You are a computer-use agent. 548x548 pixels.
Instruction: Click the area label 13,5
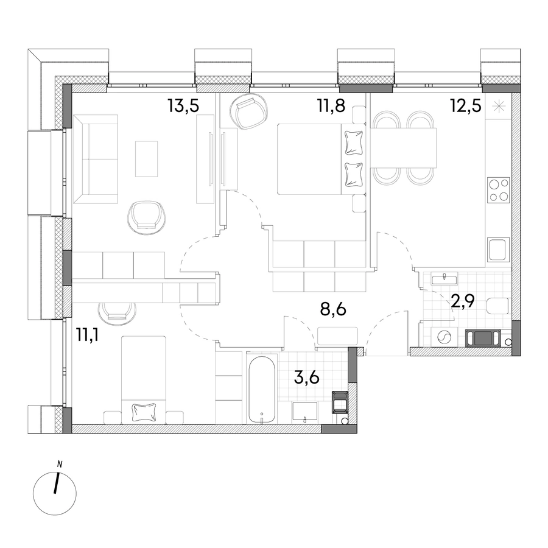point(183,105)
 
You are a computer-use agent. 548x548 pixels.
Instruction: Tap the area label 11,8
point(331,105)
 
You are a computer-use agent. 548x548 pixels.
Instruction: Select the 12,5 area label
point(466,105)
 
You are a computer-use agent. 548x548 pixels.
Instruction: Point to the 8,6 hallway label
point(333,309)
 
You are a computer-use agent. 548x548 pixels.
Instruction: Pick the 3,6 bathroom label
point(307,378)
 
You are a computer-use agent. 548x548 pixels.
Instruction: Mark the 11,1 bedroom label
point(87,336)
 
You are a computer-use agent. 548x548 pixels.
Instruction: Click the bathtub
point(262,389)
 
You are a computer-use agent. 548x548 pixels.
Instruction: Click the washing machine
point(442,337)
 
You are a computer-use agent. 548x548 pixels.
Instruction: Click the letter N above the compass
point(60,465)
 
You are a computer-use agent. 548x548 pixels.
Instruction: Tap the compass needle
point(56,483)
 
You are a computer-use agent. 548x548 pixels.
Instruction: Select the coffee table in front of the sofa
point(146,159)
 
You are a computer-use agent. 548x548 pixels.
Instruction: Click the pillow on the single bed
point(143,412)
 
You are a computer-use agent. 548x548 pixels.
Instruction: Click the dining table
point(404,148)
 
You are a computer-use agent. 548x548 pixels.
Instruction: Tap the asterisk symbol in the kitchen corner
point(497,106)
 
